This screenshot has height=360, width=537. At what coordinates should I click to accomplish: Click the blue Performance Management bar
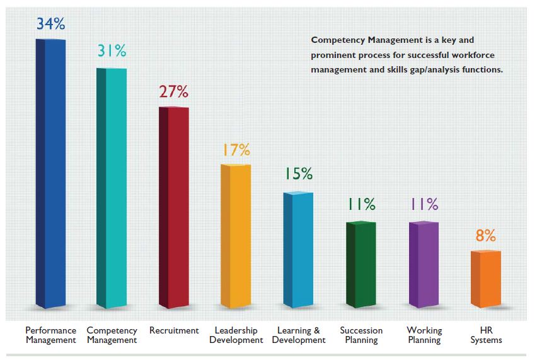[50, 173]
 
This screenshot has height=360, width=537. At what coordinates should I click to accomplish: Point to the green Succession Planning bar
[361, 265]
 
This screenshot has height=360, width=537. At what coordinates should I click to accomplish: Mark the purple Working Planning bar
[424, 265]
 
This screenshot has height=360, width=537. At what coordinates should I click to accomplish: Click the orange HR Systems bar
[486, 279]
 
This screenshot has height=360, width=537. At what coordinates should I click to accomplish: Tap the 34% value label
[50, 24]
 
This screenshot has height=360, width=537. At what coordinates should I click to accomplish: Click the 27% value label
[173, 91]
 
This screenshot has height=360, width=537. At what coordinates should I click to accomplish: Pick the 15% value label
[298, 175]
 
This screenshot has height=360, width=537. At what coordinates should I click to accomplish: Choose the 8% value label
[486, 236]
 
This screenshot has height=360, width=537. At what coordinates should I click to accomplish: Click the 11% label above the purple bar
[424, 204]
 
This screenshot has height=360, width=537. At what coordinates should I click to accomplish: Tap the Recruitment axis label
[174, 330]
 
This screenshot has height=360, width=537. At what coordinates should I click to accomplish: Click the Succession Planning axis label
[361, 335]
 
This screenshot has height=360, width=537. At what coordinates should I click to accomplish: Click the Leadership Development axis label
[236, 335]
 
